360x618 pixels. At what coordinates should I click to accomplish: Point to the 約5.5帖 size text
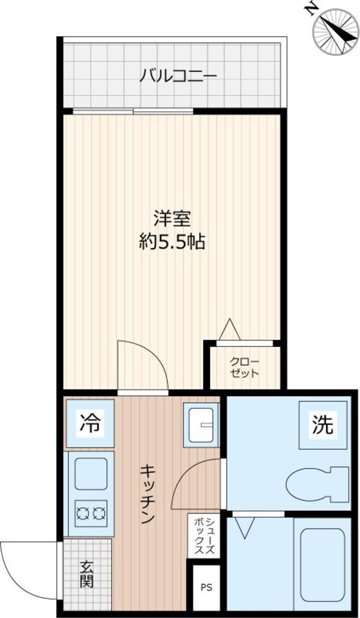coord(172,241)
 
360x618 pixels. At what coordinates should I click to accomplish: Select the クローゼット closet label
coord(244,367)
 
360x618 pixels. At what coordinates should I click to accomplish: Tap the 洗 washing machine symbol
coord(322,425)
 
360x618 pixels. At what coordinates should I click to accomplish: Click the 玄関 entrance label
coord(88,574)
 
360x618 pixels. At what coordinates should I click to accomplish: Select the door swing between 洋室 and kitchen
coord(144,366)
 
